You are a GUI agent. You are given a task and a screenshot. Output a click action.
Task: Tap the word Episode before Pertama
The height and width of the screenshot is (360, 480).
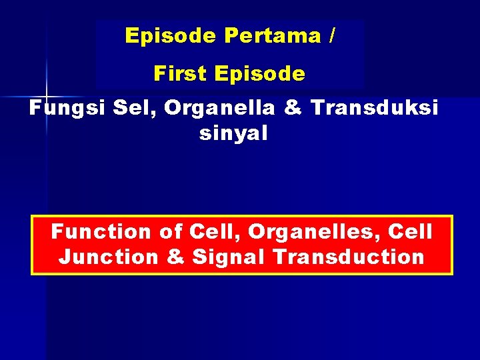click(170, 36)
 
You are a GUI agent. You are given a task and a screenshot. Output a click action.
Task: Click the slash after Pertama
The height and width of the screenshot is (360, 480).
click(331, 36)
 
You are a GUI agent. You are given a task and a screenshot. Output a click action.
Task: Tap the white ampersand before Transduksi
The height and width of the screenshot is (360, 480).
click(293, 108)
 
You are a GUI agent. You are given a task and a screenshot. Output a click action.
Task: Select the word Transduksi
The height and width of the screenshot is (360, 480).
click(375, 108)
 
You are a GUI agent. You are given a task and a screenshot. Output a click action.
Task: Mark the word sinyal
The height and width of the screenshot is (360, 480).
click(233, 133)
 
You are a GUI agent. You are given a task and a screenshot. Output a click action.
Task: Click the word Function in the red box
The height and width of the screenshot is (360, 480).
click(101, 232)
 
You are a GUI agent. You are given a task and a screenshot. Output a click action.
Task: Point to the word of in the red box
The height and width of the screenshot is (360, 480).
click(171, 232)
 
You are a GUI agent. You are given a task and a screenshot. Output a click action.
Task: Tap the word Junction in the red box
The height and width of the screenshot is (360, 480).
click(109, 257)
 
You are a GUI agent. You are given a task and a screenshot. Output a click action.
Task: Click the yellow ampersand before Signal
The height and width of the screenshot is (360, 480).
click(175, 257)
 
